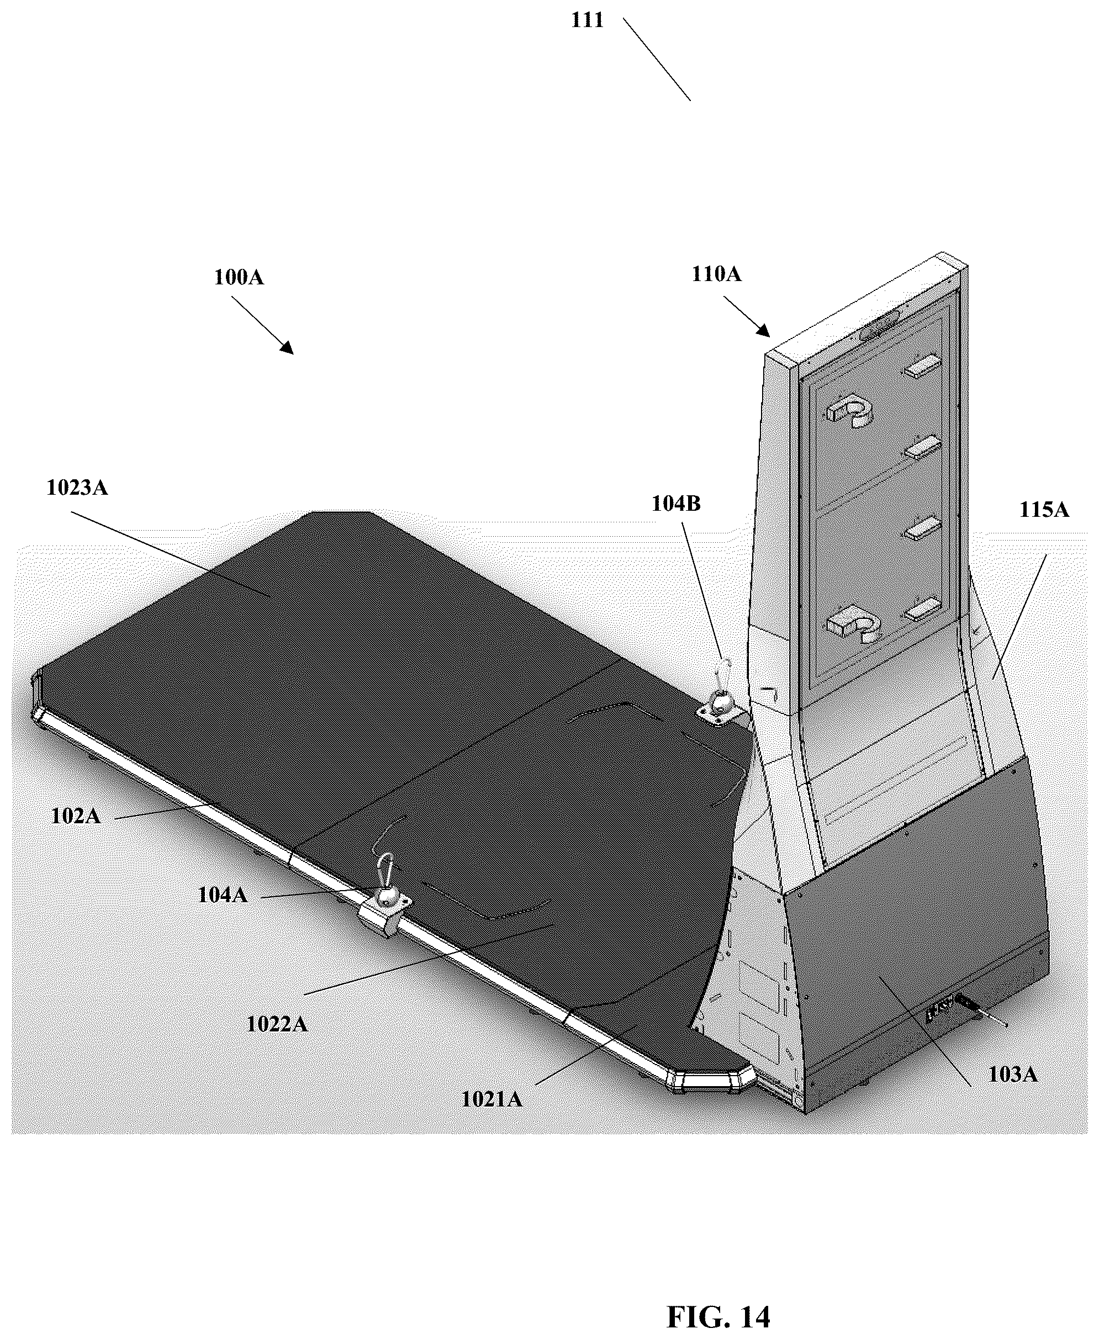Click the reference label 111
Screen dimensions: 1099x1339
tap(587, 20)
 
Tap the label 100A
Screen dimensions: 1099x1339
tap(239, 277)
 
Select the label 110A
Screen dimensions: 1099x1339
tap(716, 274)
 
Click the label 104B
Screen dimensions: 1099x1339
tap(676, 504)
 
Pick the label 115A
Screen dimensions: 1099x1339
tap(1044, 510)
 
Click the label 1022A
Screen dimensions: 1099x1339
tap(277, 1024)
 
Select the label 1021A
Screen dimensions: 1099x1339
tap(492, 1100)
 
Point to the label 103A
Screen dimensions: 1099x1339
tap(1013, 1074)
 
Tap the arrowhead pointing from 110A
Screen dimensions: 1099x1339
tap(764, 330)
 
